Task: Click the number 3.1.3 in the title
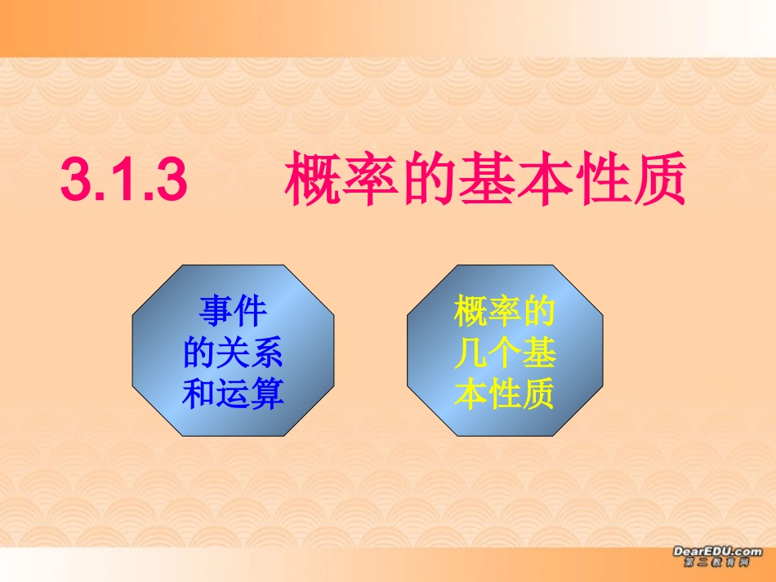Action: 124,180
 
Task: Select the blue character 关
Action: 233,353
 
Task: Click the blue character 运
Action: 233,394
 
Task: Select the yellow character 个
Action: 505,353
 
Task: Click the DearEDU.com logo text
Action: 717,551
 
